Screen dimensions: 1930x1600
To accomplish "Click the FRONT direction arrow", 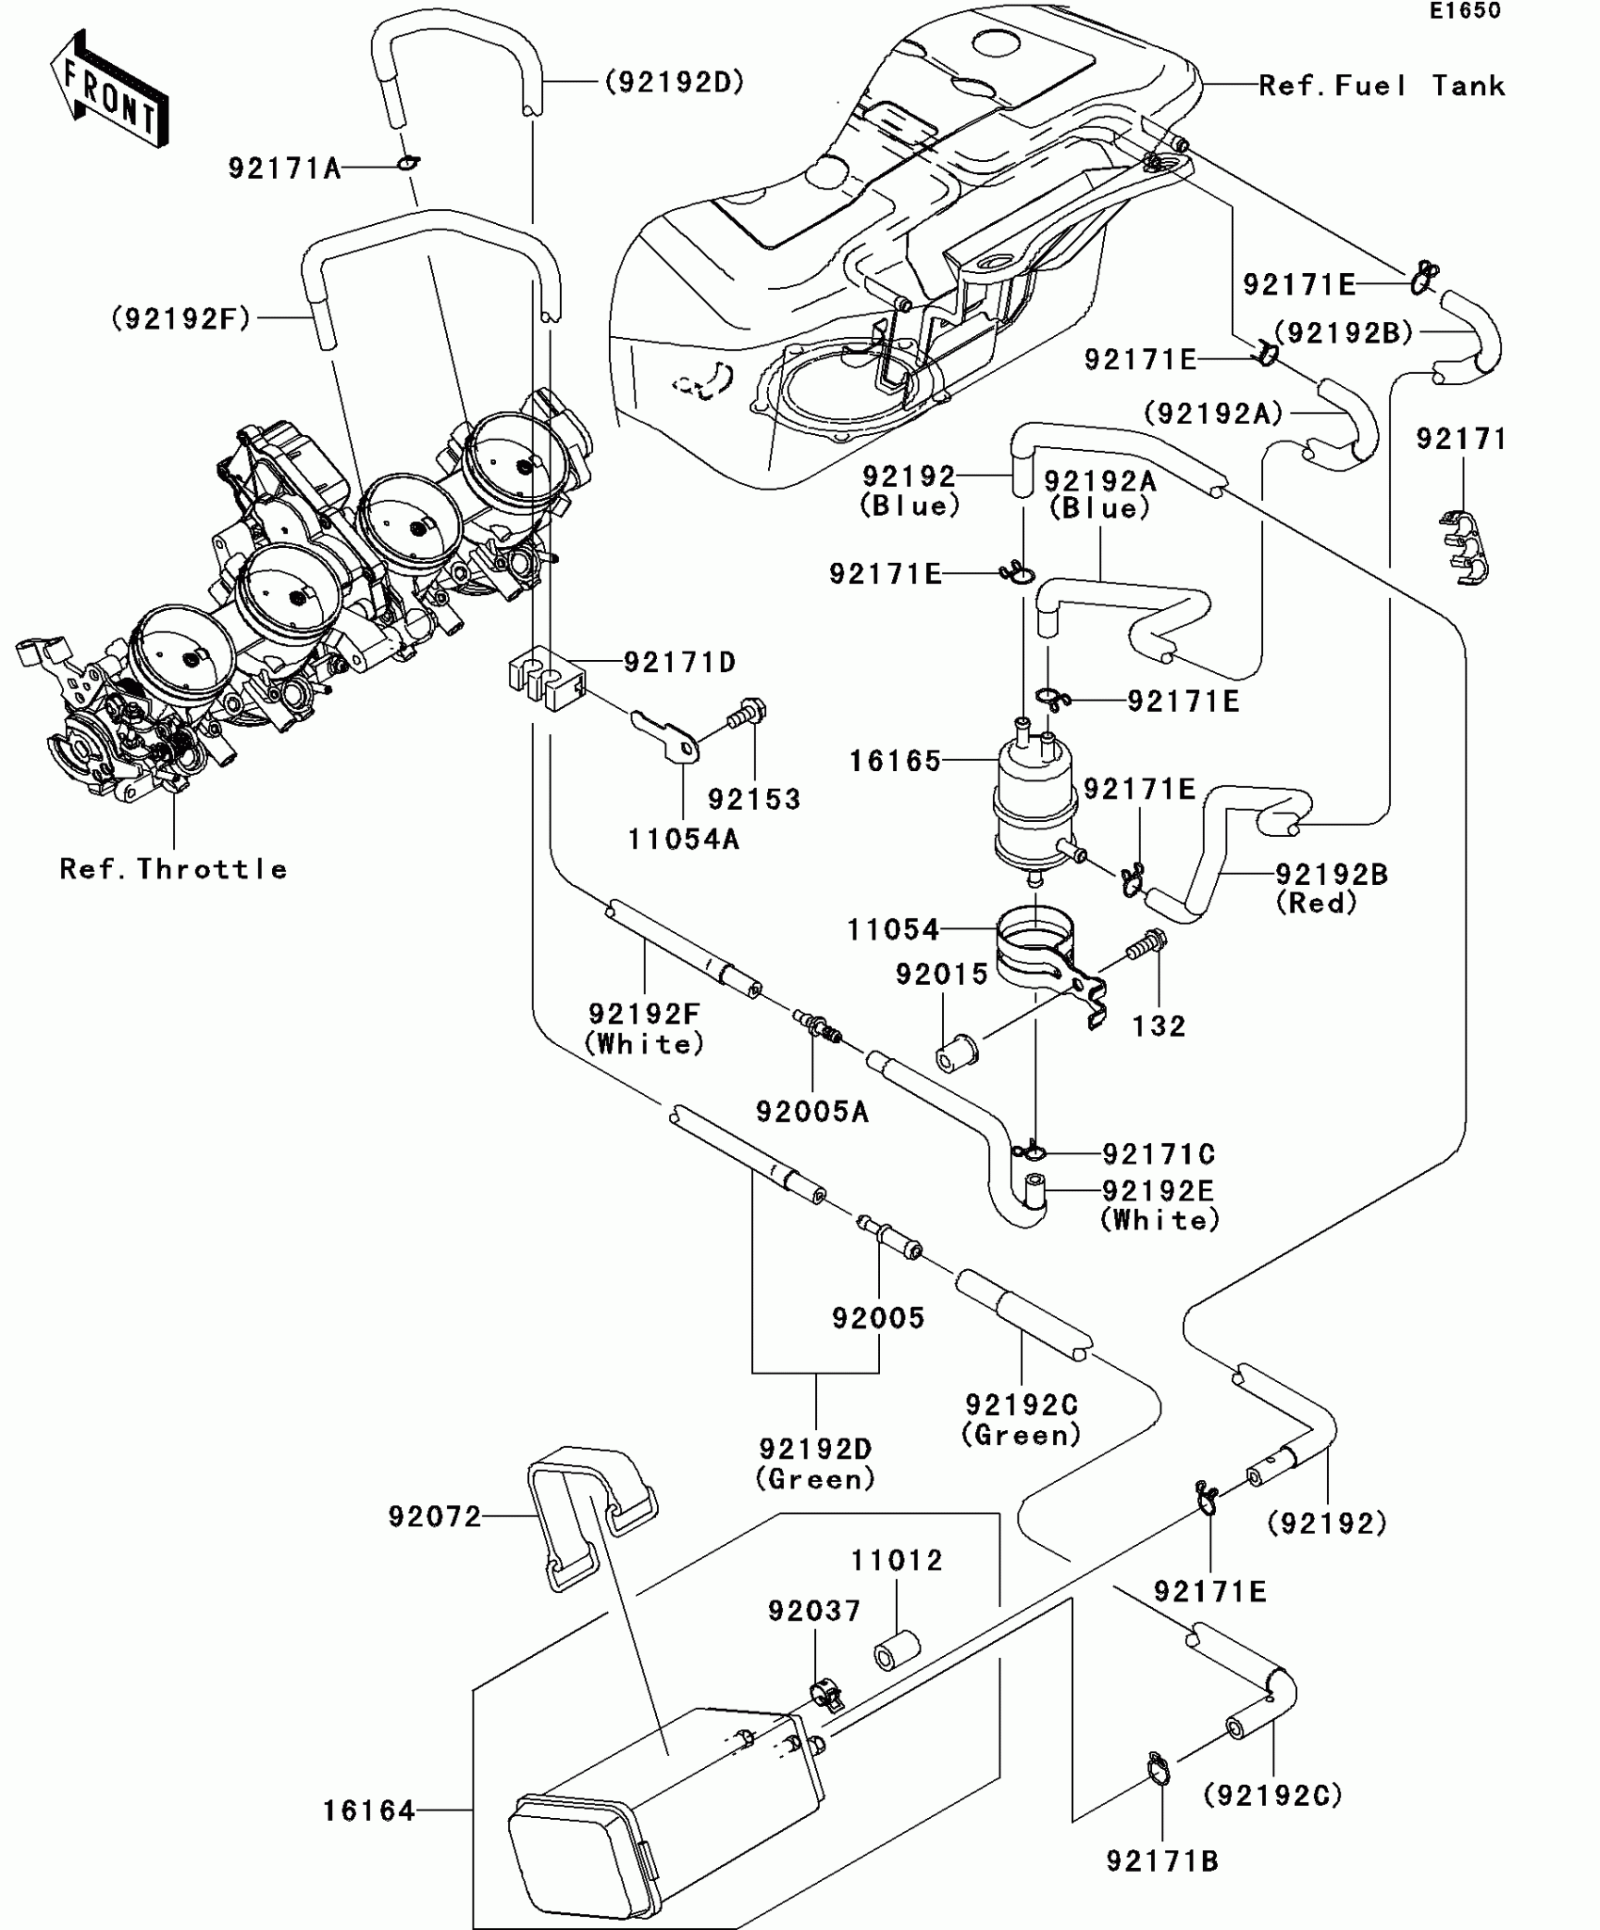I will (x=109, y=89).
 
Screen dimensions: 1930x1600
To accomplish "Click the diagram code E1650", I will (x=1464, y=11).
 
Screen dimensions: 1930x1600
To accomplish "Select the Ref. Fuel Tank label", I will (x=1381, y=87).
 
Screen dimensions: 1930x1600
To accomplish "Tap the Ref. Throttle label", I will (x=173, y=869).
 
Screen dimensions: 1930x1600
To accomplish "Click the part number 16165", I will (x=895, y=761).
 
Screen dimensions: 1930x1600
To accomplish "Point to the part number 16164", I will (x=369, y=1810).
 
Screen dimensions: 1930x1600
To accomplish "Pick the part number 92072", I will (x=435, y=1516).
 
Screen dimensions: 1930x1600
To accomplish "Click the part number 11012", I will (x=896, y=1560).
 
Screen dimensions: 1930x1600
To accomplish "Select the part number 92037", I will (x=814, y=1611).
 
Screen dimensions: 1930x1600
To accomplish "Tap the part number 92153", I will (x=754, y=799).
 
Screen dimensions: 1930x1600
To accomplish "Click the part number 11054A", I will (x=683, y=839).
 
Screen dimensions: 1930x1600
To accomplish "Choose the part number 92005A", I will (x=812, y=1112).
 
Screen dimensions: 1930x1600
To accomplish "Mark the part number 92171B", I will (x=1162, y=1861).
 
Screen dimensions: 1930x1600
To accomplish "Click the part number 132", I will (x=1159, y=1025).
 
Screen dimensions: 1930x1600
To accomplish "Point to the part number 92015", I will (x=941, y=973).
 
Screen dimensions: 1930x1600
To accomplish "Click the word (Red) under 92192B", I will (x=1317, y=903).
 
